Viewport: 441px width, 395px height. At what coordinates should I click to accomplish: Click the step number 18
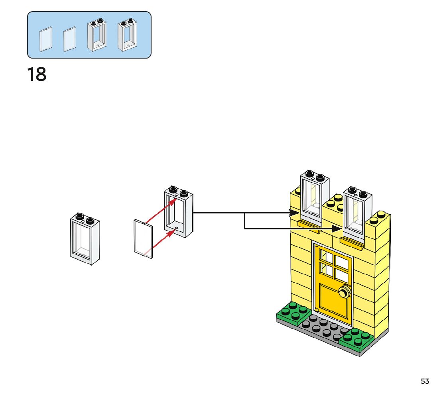point(37,74)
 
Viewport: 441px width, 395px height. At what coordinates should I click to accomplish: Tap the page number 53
point(425,381)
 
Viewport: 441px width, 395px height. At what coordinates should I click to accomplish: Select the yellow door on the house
point(333,284)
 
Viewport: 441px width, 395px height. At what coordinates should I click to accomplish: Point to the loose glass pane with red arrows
point(143,239)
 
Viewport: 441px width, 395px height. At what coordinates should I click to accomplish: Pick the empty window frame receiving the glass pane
point(179,212)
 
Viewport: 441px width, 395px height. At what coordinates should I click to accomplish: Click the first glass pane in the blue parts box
point(46,39)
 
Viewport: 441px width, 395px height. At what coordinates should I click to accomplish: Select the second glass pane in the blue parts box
point(70,39)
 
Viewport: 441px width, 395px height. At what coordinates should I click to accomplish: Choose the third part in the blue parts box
point(97,35)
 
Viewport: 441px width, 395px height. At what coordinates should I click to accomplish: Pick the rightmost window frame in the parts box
point(127,35)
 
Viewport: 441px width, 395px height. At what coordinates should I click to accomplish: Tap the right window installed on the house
point(357,213)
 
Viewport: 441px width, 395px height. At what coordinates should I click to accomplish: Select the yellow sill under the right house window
point(352,243)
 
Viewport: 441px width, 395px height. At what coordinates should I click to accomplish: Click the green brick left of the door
point(294,313)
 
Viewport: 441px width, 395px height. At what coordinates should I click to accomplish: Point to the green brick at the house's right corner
point(356,339)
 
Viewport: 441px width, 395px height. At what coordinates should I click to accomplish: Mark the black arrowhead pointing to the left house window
point(295,213)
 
